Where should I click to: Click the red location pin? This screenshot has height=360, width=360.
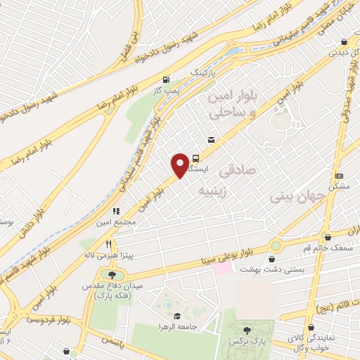(181, 165)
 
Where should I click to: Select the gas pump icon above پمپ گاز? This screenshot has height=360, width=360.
(166, 79)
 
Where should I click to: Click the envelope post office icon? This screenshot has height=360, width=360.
(212, 140)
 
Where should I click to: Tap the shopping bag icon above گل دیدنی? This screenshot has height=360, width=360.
(343, 41)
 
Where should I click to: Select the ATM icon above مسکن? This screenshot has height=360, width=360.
(340, 176)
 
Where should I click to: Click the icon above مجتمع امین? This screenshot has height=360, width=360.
(117, 210)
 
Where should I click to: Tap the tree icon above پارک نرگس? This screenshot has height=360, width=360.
(246, 330)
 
